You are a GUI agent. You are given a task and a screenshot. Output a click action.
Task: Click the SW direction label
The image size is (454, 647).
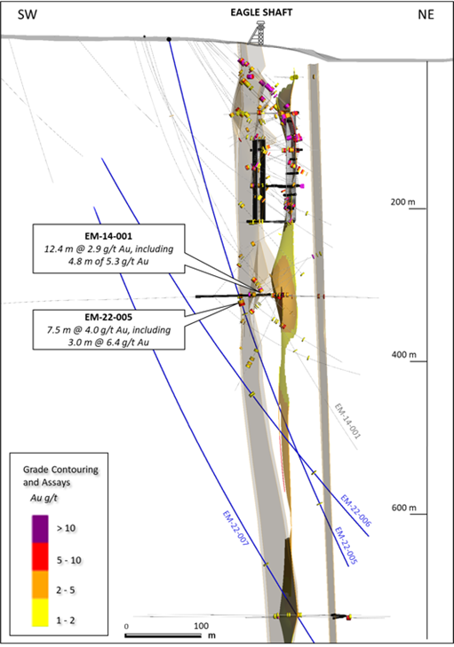coord(28,15)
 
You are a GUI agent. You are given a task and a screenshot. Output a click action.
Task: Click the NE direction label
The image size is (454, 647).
coord(426,15)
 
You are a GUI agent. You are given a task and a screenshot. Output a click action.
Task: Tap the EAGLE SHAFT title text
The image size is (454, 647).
coord(261,12)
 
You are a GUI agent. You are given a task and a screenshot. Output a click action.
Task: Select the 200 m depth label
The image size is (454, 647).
coord(402,202)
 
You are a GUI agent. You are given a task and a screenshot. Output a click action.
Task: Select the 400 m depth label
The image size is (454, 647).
coord(403,354)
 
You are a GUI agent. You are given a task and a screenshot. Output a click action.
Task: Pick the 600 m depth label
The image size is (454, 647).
coord(403,508)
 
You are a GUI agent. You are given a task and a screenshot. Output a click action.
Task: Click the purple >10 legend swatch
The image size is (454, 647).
coord(40,529)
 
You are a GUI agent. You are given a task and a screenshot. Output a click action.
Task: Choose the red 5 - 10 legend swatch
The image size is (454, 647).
coord(40,556)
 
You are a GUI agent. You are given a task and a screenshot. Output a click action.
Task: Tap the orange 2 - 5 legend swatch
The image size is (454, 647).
coord(40,585)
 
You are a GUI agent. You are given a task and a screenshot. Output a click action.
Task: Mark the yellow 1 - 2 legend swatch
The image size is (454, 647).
coord(40,612)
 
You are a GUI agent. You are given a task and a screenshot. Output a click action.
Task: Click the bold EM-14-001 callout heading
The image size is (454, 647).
coord(108,236)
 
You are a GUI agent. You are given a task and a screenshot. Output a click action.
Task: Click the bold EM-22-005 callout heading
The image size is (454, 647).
coord(108,318)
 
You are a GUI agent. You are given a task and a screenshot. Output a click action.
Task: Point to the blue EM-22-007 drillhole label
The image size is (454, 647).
coord(235,529)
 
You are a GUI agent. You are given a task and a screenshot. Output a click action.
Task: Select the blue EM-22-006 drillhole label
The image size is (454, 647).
coord(355,510)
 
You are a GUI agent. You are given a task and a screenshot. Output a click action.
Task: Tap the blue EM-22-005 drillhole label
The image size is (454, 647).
coord(346,546)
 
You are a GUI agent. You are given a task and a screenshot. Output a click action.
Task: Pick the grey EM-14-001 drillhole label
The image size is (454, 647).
coord(347,421)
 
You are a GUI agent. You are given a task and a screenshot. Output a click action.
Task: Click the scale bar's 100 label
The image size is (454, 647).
coord(201,626)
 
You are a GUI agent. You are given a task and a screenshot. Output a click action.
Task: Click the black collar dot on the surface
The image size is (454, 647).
coord(169,39)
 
